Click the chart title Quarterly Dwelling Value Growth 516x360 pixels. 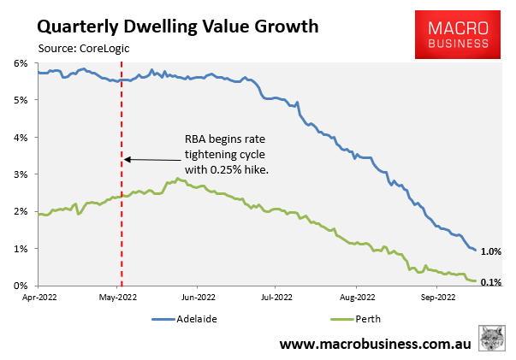pyautogui.click(x=178, y=25)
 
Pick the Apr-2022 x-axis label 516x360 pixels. pyautogui.click(x=39, y=298)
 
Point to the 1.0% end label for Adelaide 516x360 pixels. pyautogui.click(x=490, y=251)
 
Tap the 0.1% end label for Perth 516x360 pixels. pyautogui.click(x=490, y=281)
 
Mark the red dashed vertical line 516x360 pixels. pyautogui.click(x=122, y=214)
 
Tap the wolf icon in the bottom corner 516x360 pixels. pyautogui.click(x=492, y=338)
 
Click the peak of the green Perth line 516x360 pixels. pyautogui.click(x=177, y=179)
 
